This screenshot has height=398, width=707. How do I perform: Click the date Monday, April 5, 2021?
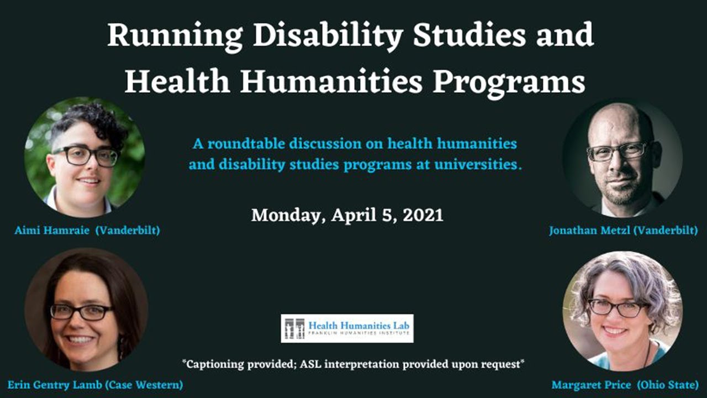coord(347,214)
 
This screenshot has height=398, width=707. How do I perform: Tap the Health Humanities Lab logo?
coord(347,328)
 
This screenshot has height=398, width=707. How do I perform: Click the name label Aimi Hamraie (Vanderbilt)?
coord(87,231)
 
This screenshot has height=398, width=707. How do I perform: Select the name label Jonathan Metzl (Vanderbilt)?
coord(623,231)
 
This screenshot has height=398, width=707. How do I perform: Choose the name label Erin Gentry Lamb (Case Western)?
coord(95,385)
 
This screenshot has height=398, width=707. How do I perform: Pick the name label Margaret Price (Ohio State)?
coord(625,385)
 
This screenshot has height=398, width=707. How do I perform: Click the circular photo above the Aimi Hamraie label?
coord(85,158)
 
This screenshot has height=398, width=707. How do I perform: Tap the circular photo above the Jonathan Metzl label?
coord(622,158)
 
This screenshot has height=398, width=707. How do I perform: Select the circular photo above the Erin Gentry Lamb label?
coord(86,310)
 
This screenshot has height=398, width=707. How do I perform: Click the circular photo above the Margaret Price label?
coord(622,310)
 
